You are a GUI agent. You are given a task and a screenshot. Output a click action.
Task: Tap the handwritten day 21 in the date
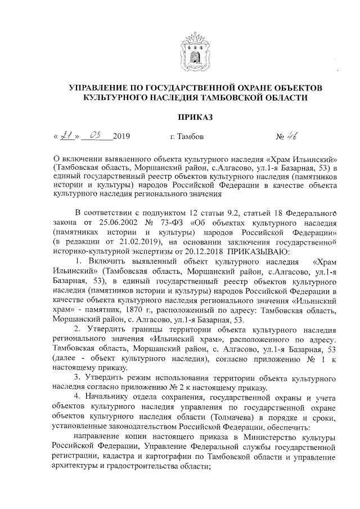tap(67, 135)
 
